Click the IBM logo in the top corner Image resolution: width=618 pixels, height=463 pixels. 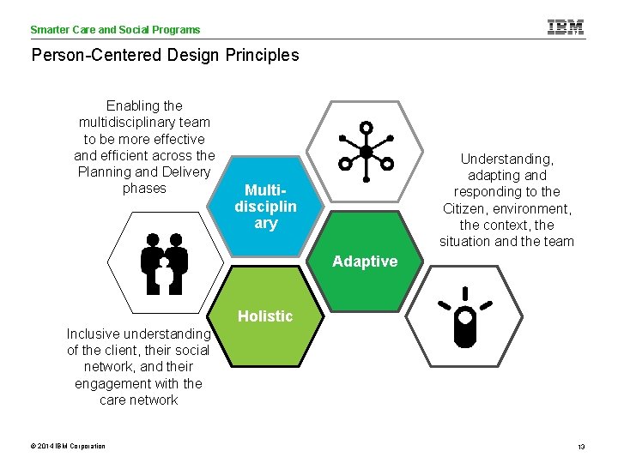[566, 27]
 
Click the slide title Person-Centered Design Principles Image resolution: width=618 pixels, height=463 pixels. [165, 56]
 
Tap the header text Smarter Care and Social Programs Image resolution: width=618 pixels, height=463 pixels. [115, 29]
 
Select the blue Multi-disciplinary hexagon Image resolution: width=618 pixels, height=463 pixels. [266, 207]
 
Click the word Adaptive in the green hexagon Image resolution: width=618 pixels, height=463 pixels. [365, 262]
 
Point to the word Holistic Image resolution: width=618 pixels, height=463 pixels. [265, 316]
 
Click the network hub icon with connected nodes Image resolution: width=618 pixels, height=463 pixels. [366, 153]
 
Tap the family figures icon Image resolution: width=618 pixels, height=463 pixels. [163, 262]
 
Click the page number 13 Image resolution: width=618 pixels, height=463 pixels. [581, 447]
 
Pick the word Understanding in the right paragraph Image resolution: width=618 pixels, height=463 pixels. [506, 159]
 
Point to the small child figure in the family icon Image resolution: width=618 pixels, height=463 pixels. [163, 275]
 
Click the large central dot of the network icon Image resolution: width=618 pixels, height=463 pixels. [366, 153]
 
